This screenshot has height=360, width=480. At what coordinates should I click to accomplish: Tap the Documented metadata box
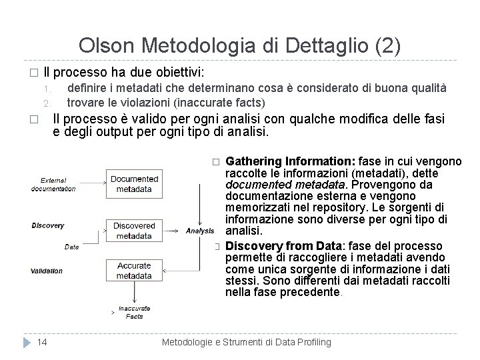(134, 183)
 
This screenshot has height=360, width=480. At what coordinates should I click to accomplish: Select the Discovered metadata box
(134, 231)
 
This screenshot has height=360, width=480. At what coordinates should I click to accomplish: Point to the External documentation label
(53, 184)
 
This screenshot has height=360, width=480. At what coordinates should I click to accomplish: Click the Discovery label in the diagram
(48, 225)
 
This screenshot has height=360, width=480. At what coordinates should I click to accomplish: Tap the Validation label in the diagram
(47, 271)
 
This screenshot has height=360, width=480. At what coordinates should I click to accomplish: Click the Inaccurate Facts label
(135, 313)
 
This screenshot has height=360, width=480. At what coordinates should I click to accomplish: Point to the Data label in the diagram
(71, 247)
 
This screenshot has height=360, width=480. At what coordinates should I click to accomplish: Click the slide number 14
(42, 342)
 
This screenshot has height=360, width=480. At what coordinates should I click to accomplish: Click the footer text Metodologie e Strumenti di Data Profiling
(247, 342)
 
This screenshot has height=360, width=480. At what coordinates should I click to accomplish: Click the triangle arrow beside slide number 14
(27, 342)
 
